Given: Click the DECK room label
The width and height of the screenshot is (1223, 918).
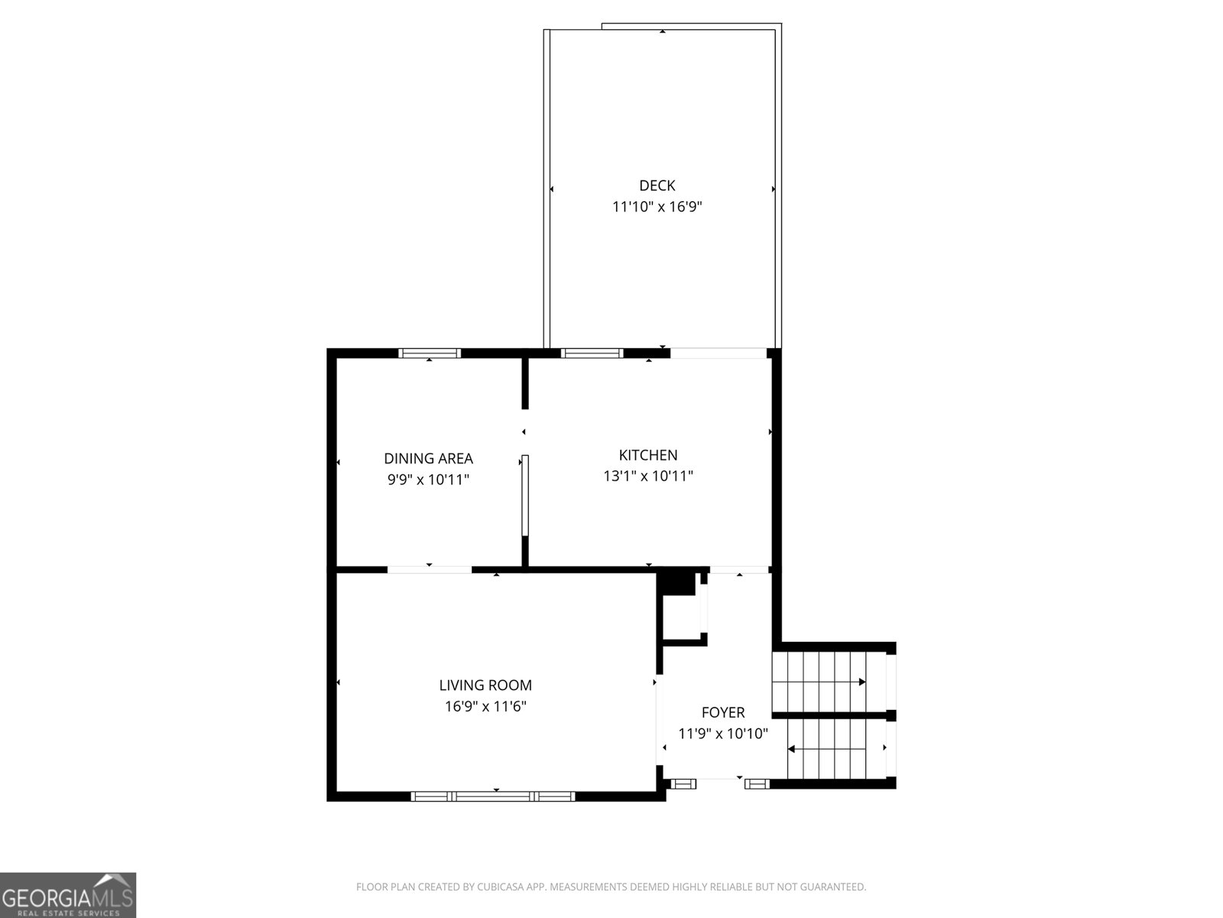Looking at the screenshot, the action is coord(657,185).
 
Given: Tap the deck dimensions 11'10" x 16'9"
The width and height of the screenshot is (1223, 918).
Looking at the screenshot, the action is coord(657,207).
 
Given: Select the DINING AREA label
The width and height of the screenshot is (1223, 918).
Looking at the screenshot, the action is coord(429,458).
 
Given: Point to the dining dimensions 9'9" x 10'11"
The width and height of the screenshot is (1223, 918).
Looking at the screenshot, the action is coord(429,480).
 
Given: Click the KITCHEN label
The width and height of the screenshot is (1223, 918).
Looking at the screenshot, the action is coord(648,455).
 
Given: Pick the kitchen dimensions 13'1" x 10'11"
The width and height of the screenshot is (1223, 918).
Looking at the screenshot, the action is coord(648,476).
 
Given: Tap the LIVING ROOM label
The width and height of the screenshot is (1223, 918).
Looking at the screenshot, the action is coord(485,685).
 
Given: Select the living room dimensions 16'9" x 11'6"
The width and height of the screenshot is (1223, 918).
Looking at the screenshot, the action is coord(485,706).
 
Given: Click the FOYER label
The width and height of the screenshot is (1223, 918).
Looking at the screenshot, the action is coord(723,712).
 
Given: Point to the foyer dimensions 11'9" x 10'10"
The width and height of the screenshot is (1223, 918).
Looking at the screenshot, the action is coord(723,734).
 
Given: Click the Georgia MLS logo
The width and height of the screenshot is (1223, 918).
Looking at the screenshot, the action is coord(68,895).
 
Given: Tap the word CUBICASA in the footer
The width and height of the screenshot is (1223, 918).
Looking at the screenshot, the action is coord(498,887).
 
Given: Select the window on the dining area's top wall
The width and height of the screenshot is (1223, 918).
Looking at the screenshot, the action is coord(430,353).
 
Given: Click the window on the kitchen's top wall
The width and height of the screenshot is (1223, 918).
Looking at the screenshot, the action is coord(592,353).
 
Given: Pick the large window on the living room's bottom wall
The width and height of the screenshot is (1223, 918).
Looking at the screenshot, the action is coord(493,796).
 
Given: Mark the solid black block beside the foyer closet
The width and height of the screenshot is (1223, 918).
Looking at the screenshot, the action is coord(676,583).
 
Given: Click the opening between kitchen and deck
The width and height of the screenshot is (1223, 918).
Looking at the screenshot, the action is coord(719,353).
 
